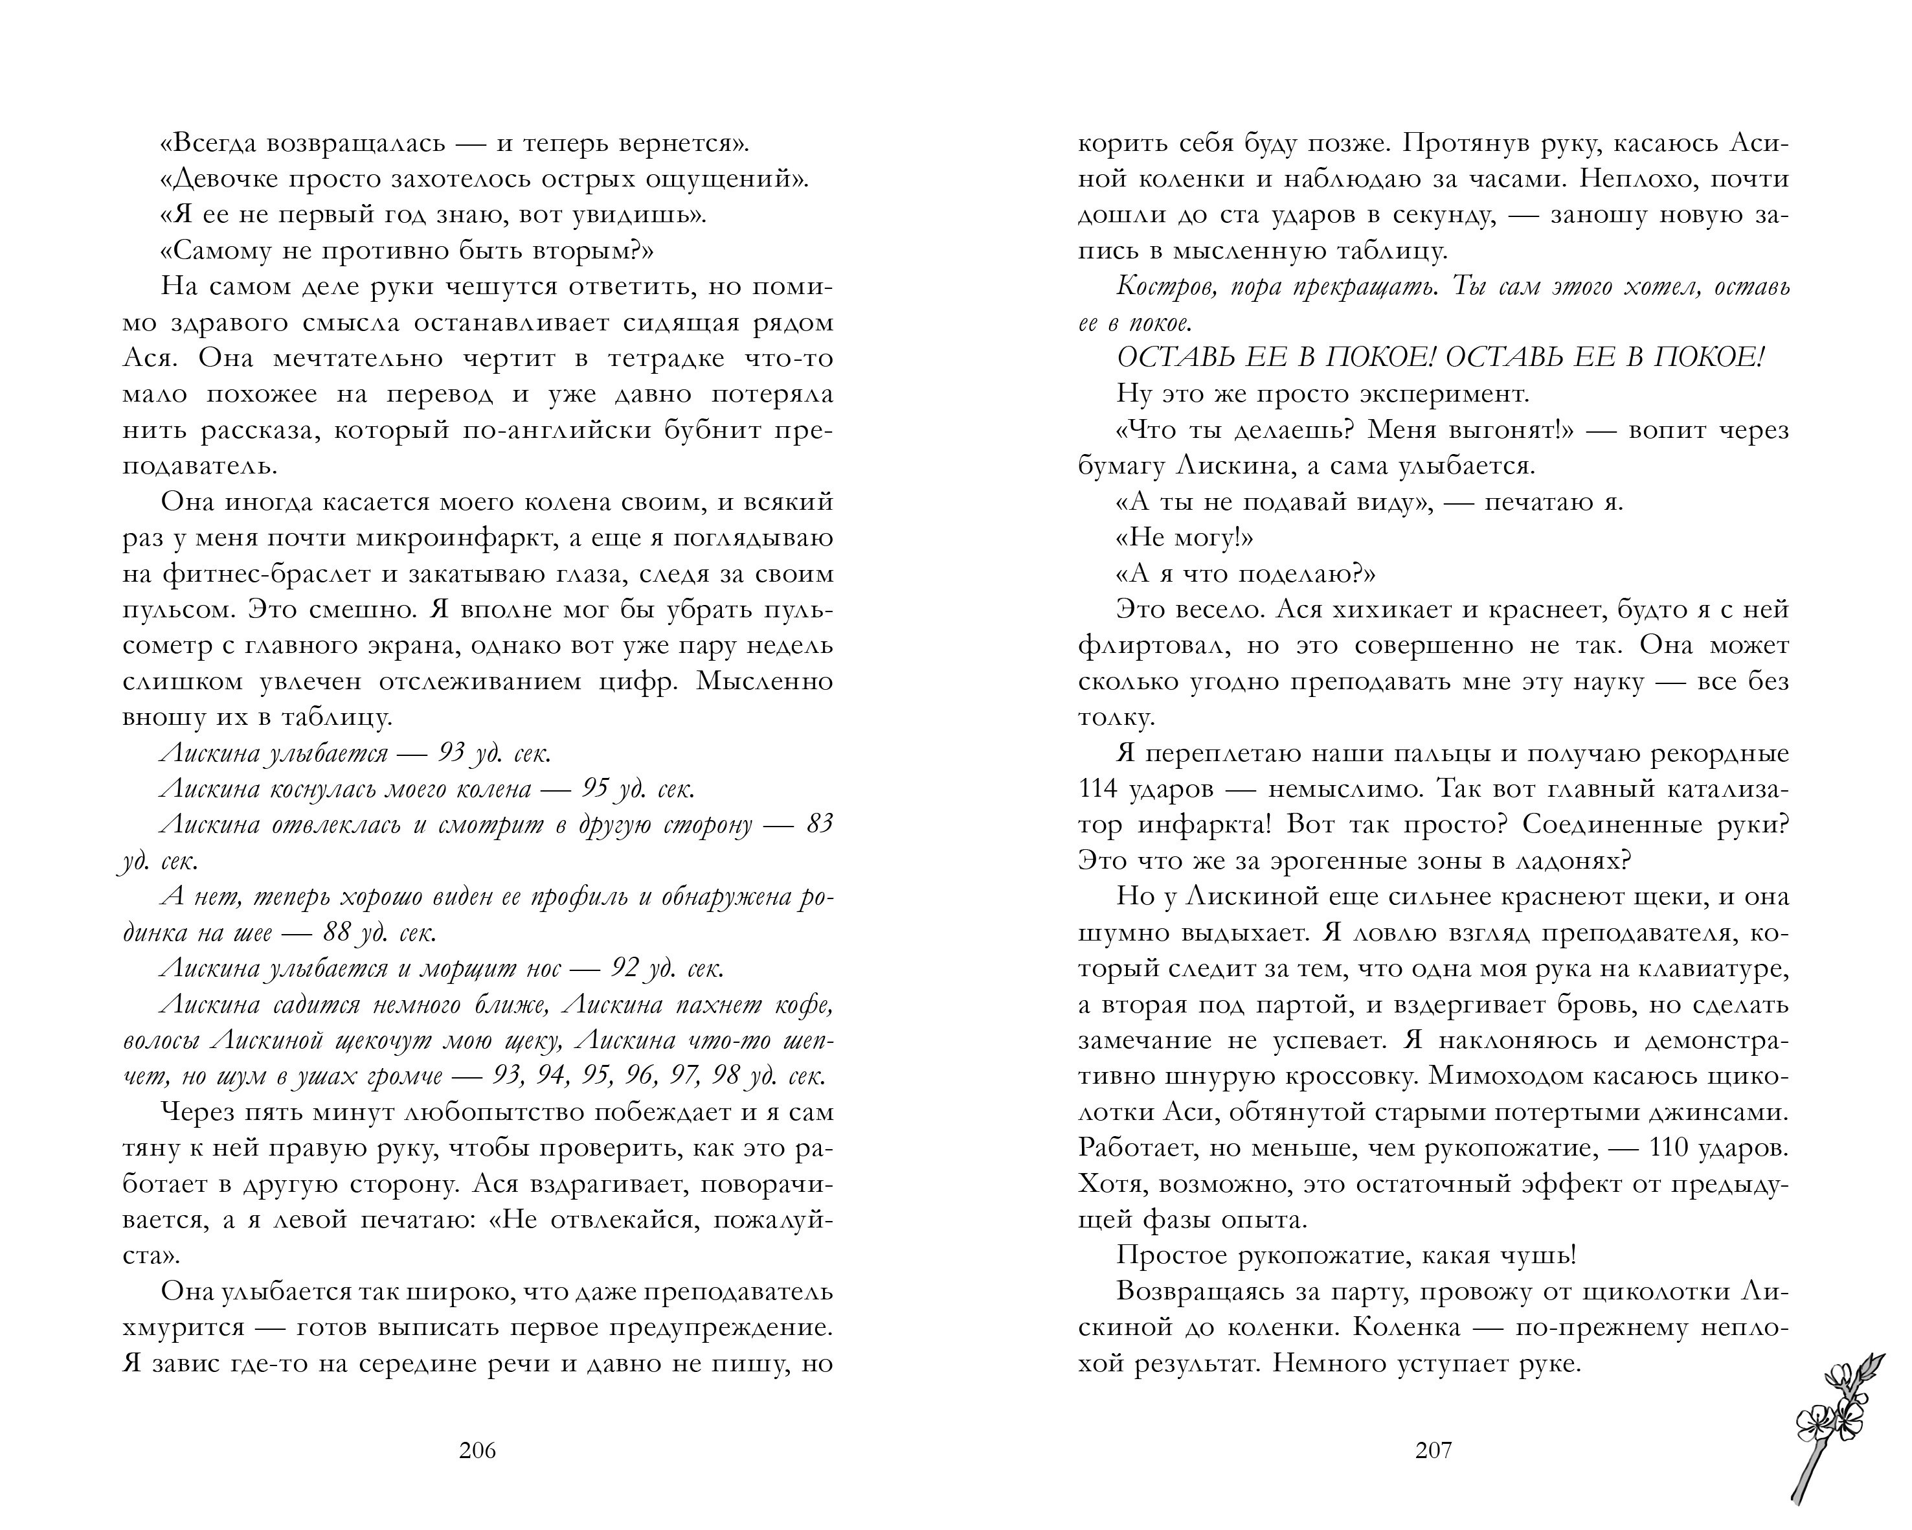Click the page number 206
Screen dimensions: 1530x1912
pos(477,1450)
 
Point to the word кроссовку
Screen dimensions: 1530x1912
pos(1344,1077)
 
